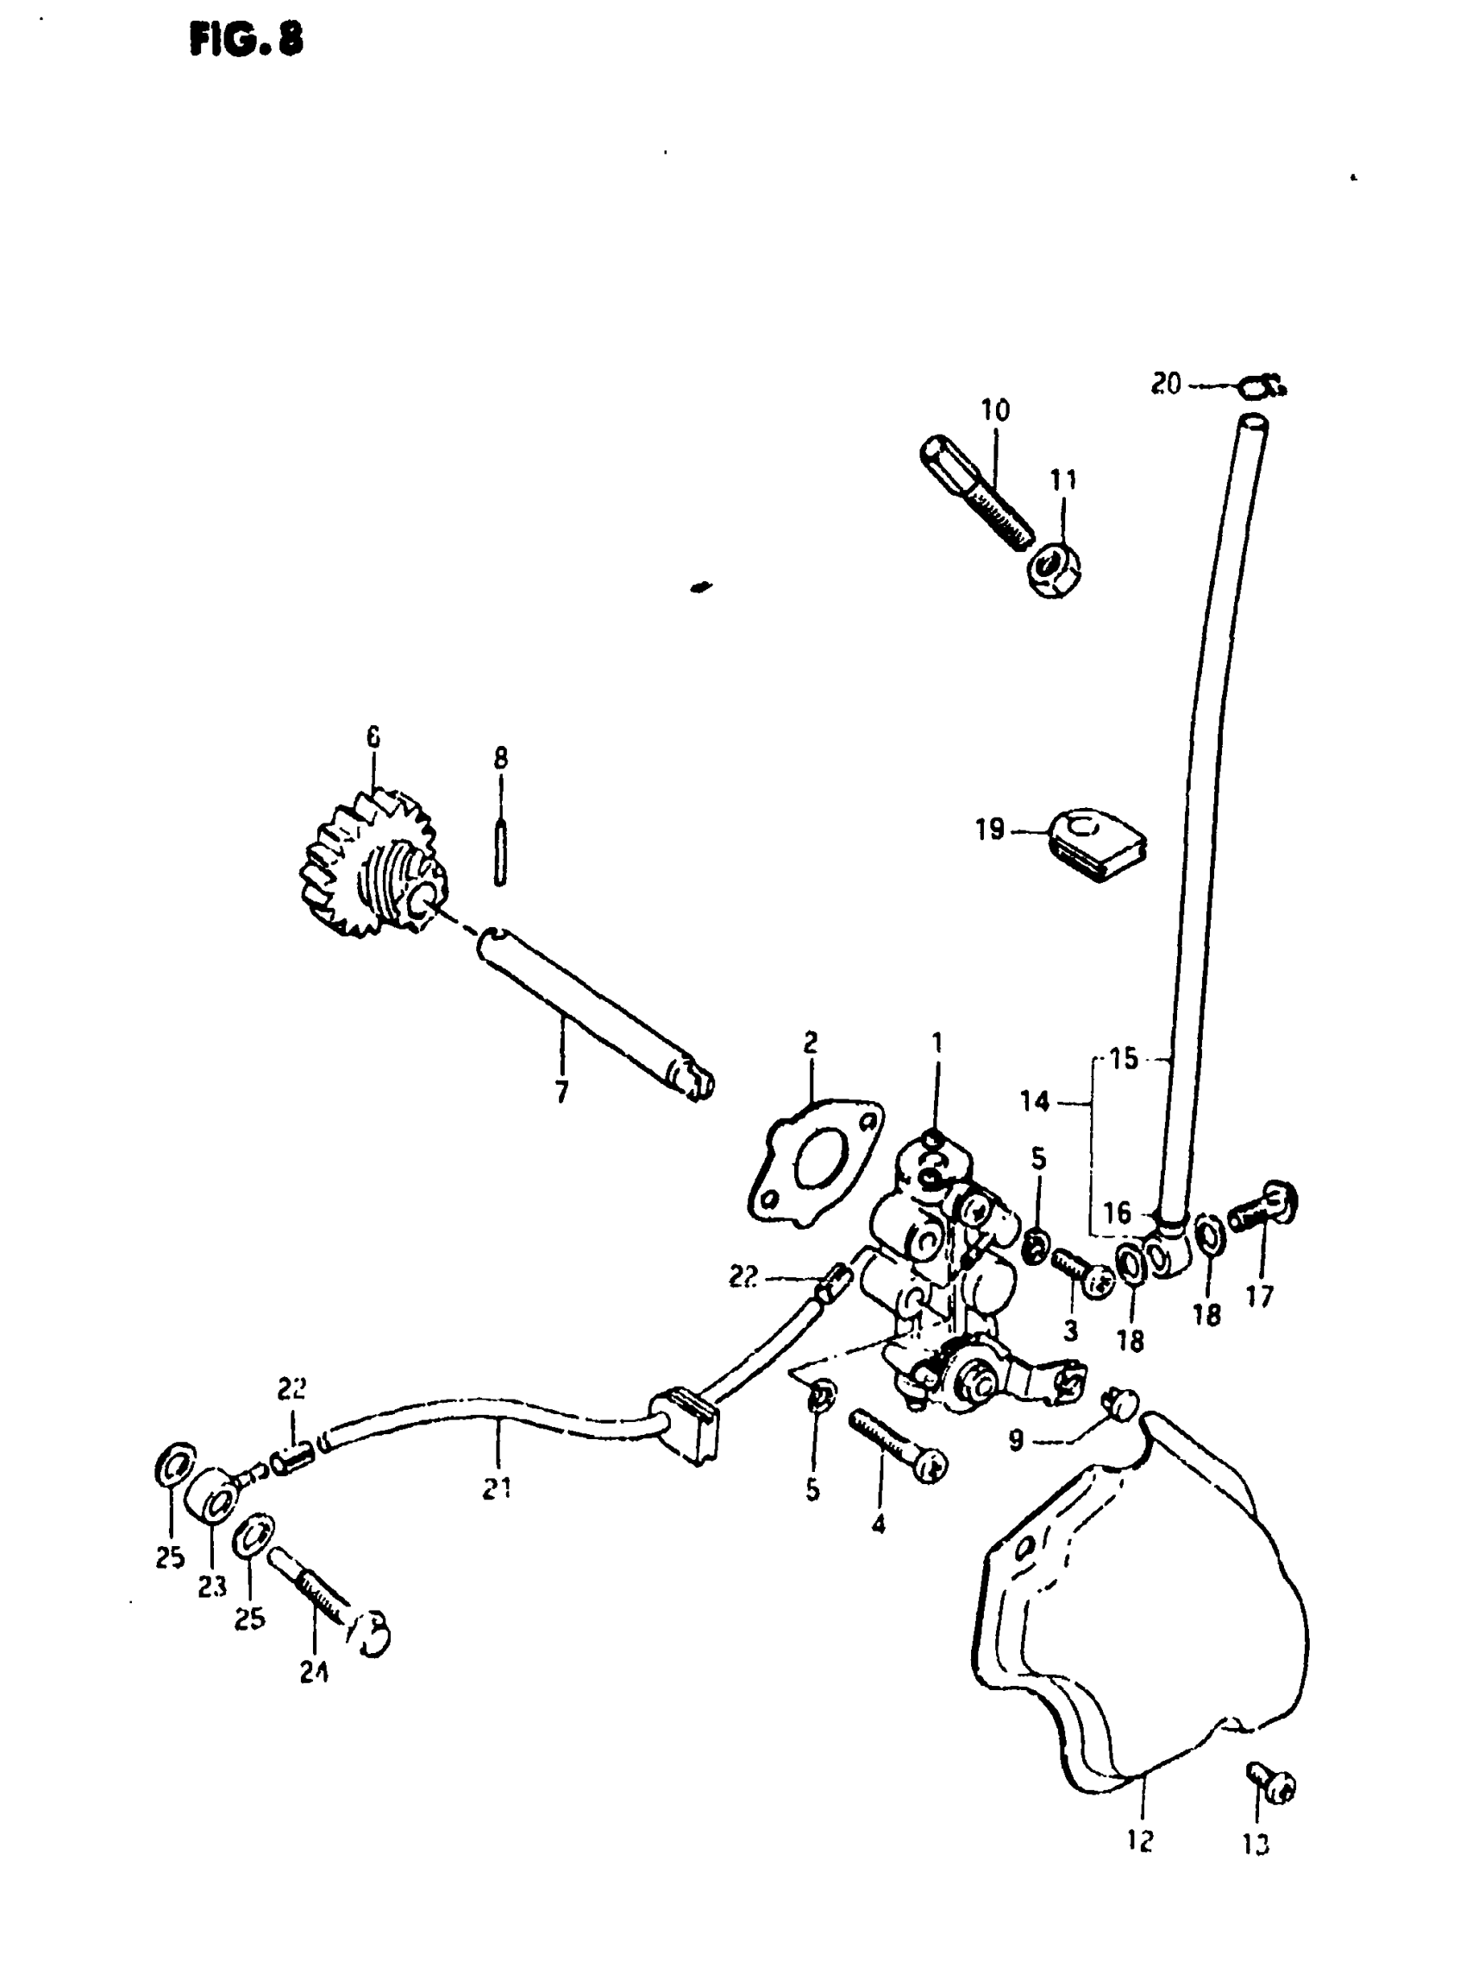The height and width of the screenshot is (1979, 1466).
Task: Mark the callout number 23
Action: coord(212,1587)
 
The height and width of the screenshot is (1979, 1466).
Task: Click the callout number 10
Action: coord(996,410)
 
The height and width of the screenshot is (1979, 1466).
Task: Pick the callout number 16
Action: coord(1118,1212)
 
